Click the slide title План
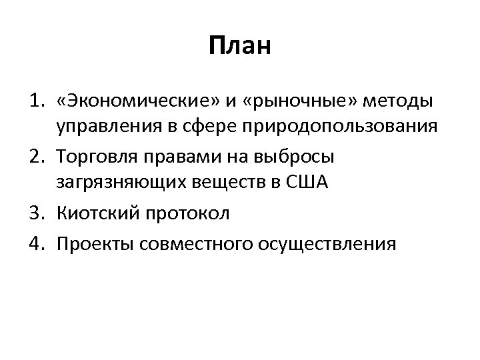click(x=240, y=47)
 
